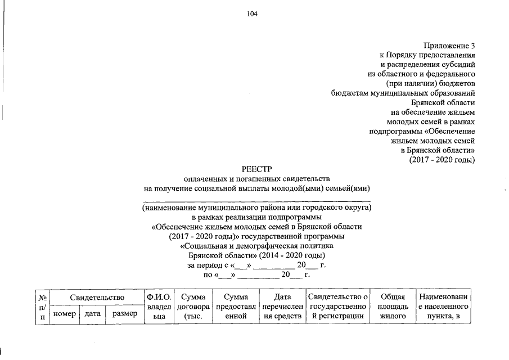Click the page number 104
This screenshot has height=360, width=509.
[251, 15]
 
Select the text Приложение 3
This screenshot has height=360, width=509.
[450, 45]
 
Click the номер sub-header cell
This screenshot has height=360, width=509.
[64, 314]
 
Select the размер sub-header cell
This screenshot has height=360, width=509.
[124, 314]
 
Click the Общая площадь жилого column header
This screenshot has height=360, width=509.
[393, 307]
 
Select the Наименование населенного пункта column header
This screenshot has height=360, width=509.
[443, 307]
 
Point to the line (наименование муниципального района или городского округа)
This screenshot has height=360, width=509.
[257, 207]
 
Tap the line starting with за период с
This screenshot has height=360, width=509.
[256, 265]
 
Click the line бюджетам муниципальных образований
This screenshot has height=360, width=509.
[403, 93]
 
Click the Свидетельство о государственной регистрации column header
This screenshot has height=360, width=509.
[338, 307]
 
